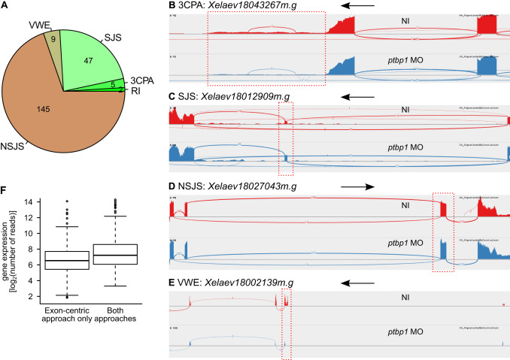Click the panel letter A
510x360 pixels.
[6, 8]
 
